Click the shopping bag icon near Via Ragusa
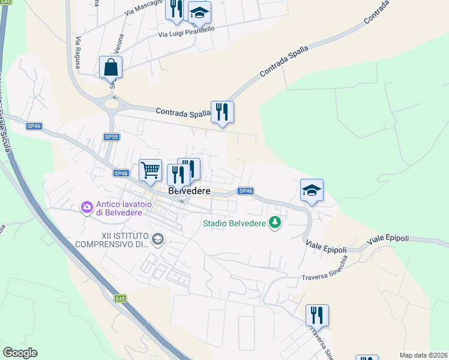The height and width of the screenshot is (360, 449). (x=111, y=67)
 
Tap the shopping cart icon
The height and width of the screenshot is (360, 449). (x=150, y=170)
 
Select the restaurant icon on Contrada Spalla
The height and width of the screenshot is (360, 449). (x=222, y=112)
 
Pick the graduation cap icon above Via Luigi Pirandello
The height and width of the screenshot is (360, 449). (x=199, y=12)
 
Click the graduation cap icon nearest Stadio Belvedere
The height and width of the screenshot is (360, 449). (x=312, y=191)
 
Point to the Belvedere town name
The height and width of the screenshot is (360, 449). (x=190, y=191)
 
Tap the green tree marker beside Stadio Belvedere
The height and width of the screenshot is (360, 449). (x=275, y=223)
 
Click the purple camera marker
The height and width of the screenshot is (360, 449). (x=87, y=208)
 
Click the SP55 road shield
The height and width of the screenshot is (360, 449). (x=111, y=137)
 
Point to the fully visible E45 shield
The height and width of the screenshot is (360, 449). (x=121, y=298)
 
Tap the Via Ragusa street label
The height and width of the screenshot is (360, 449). (x=77, y=52)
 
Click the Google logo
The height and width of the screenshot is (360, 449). (x=20, y=353)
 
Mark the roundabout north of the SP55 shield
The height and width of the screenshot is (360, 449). (x=112, y=104)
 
